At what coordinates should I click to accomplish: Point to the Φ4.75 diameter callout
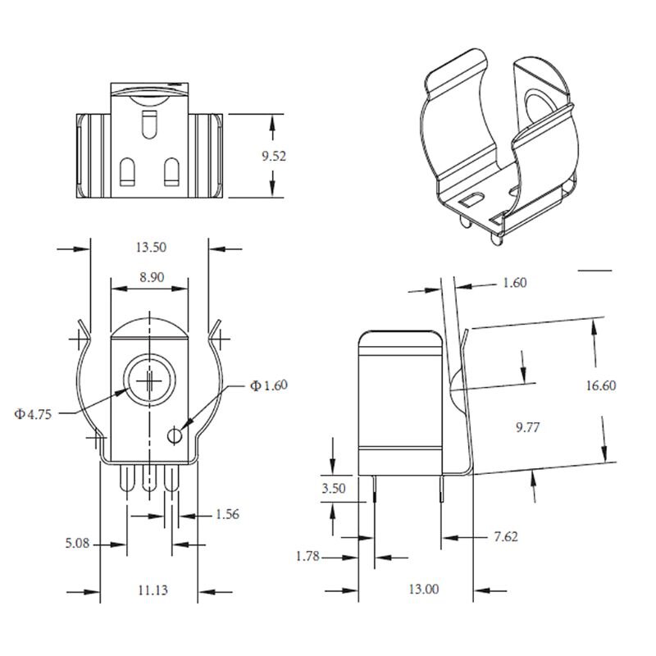click(x=34, y=414)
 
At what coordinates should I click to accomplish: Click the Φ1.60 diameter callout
click(x=270, y=385)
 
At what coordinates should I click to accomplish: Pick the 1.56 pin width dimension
click(x=227, y=515)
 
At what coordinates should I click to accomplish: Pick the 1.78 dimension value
click(x=308, y=557)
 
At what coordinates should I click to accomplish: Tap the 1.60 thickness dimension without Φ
click(x=513, y=283)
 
